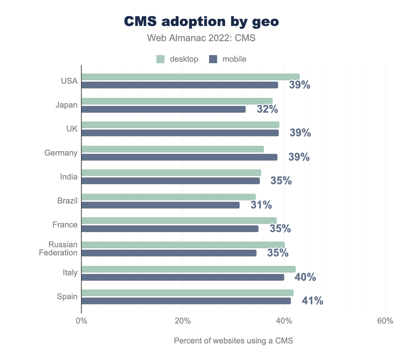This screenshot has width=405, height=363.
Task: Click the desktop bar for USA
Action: tap(190, 77)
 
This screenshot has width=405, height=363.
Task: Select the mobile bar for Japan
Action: tap(163, 109)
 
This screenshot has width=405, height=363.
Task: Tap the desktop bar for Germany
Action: tap(172, 149)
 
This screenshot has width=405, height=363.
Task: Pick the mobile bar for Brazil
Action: tap(160, 205)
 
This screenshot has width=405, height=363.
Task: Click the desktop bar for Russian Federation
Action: tap(183, 245)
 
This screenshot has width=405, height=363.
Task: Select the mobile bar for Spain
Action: tap(186, 301)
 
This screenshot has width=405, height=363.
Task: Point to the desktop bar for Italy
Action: tap(188, 269)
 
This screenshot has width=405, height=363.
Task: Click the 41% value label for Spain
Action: tap(313, 301)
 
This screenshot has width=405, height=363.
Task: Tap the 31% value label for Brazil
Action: tap(261, 205)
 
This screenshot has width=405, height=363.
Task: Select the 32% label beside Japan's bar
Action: tap(267, 109)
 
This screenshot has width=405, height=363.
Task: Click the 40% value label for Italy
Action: tap(305, 277)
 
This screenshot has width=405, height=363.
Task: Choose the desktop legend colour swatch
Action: tap(160, 59)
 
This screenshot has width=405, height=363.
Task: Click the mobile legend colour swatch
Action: tap(213, 59)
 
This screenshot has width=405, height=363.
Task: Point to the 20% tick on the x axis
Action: tap(183, 321)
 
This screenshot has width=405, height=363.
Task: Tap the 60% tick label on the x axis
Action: tap(385, 321)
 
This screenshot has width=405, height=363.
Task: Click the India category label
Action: tap(69, 177)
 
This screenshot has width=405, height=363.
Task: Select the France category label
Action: tap(65, 225)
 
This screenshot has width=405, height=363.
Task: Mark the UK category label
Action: tap(72, 129)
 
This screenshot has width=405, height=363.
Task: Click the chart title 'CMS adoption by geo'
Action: tap(201, 22)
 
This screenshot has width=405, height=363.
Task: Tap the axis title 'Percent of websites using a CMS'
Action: tap(233, 341)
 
